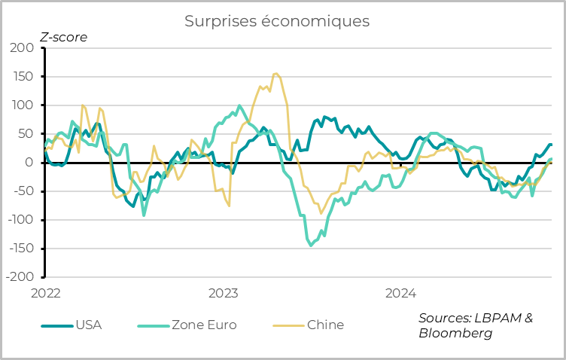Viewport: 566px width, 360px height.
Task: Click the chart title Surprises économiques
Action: [x=277, y=21]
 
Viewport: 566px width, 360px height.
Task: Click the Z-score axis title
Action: [x=63, y=36]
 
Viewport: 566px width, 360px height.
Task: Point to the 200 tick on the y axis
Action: [x=23, y=48]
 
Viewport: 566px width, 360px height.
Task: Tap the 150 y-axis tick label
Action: [x=23, y=77]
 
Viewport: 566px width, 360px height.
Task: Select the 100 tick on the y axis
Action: [x=23, y=105]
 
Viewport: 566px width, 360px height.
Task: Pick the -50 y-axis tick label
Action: [x=23, y=191]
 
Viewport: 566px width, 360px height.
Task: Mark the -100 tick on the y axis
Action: [x=20, y=220]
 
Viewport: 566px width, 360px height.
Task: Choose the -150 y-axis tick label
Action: [x=20, y=249]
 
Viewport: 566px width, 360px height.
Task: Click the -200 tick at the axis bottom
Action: [x=20, y=277]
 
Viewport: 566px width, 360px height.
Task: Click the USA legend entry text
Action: [x=88, y=325]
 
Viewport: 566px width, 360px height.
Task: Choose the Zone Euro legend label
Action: [x=204, y=325]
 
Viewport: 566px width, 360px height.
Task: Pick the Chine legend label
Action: [x=325, y=325]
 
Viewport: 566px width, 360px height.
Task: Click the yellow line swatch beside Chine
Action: [x=287, y=325]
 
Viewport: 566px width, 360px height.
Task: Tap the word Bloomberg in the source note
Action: [x=456, y=333]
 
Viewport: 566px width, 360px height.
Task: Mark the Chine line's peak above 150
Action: [x=275, y=74]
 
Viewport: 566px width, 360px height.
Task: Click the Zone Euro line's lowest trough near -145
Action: [x=310, y=246]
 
